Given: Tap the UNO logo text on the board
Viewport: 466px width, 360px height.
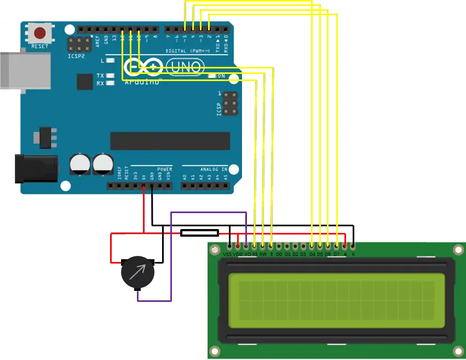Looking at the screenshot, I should (185, 68).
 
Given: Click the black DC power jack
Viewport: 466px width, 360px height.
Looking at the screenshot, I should (36, 168).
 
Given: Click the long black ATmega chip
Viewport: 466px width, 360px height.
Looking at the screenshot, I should (170, 141).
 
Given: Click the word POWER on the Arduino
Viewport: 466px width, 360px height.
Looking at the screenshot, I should (164, 169).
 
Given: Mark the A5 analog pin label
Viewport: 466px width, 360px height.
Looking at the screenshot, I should (226, 178).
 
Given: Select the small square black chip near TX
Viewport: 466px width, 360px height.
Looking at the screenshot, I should (85, 82).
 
